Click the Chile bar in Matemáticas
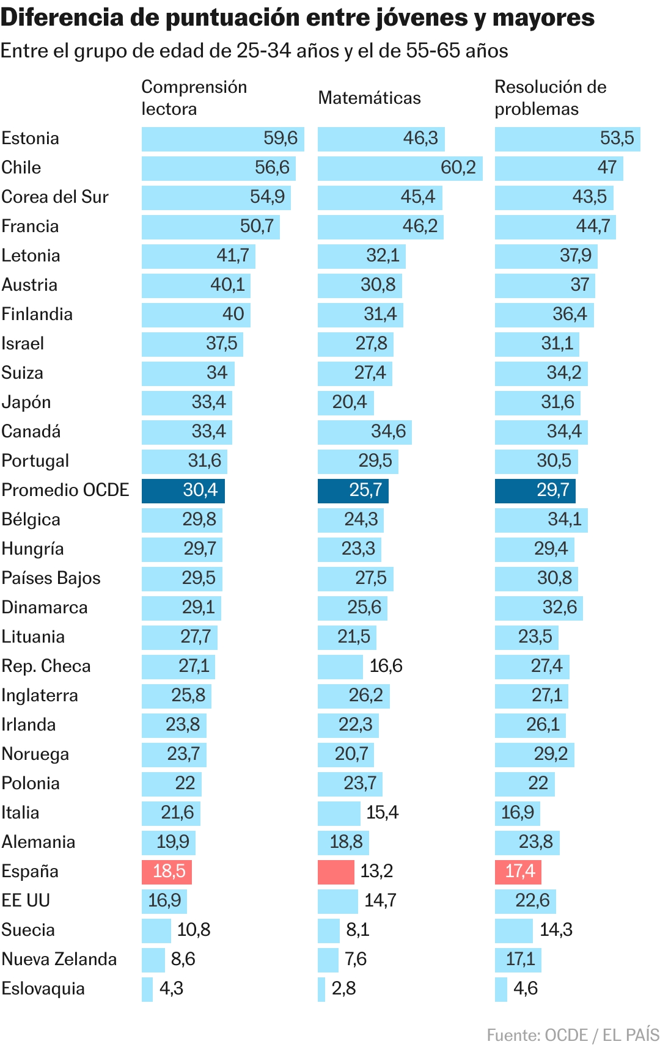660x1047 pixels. [400, 168]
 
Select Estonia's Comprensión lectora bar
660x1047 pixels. [222, 139]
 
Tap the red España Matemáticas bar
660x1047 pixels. [335, 872]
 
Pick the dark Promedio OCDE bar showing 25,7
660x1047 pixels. [353, 491]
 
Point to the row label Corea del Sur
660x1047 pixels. [55, 197]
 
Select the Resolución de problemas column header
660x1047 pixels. [550, 98]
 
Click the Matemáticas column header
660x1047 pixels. [369, 98]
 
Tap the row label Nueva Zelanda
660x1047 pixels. [59, 960]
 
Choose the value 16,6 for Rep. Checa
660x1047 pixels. [386, 666]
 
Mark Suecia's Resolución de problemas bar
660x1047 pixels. [513, 930]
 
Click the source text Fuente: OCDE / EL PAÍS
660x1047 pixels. [573, 1035]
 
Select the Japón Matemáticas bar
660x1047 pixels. [345, 403]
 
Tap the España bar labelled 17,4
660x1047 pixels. [518, 872]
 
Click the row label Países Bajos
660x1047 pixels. [51, 578]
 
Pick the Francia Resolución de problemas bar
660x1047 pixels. [555, 227]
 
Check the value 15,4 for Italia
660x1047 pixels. [382, 813]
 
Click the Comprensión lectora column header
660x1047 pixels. [194, 98]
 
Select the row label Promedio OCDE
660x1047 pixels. [65, 491]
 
